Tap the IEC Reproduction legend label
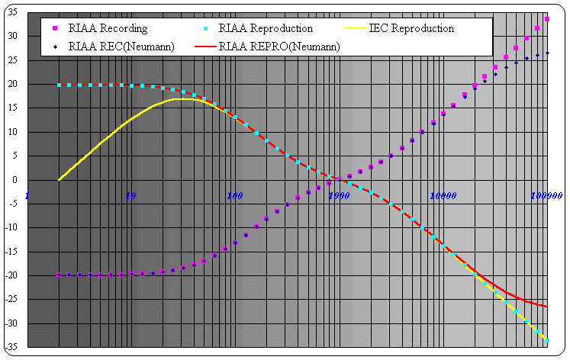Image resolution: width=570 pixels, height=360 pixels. [411, 28]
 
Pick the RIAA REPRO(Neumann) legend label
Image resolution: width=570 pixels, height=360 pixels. [279, 47]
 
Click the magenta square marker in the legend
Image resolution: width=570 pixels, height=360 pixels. [55, 28]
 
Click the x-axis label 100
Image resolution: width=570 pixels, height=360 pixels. [234, 196]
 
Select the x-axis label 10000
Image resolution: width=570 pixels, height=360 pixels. [442, 196]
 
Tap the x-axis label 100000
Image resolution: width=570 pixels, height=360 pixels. [546, 196]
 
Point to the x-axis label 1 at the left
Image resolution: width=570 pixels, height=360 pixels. [27, 196]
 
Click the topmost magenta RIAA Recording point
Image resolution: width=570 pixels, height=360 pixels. [547, 18]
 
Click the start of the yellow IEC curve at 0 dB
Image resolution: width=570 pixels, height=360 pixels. [60, 179]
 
